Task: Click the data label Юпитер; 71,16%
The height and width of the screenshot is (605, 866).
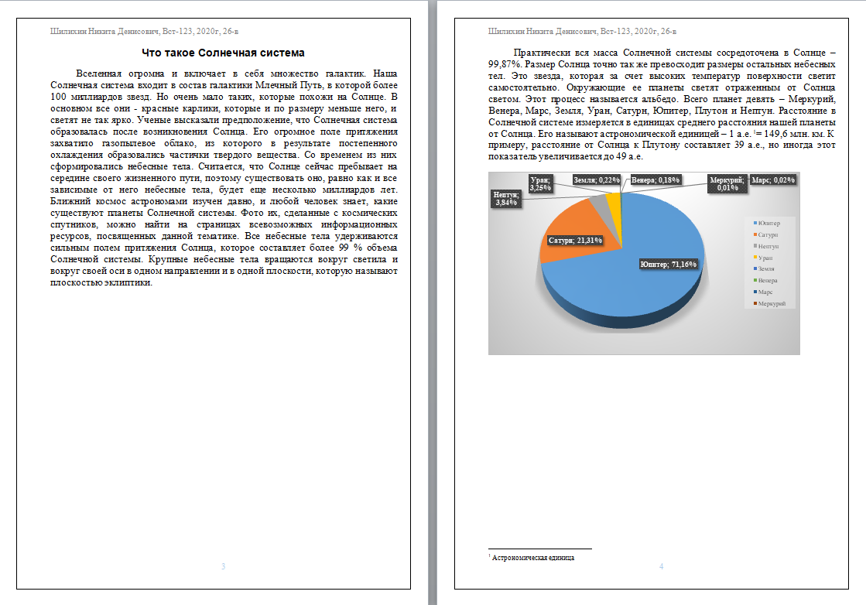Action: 669,264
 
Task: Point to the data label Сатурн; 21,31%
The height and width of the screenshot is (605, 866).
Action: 575,241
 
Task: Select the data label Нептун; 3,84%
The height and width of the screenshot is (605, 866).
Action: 505,199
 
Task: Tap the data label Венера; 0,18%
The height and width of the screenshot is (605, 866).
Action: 655,179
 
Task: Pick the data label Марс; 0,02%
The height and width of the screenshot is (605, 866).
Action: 774,179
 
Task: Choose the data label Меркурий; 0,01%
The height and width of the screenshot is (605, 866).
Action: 727,183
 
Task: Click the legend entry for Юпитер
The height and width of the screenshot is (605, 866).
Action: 768,223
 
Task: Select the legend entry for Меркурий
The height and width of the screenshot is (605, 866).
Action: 772,303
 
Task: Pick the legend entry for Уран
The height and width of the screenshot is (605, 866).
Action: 765,257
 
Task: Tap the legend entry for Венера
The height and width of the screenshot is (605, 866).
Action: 767,280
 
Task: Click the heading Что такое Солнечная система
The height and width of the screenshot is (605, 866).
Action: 224,53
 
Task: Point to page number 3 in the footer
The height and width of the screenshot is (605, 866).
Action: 224,567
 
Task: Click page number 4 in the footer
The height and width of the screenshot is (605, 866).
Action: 661,567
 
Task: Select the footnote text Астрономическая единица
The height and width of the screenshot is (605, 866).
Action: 533,557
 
